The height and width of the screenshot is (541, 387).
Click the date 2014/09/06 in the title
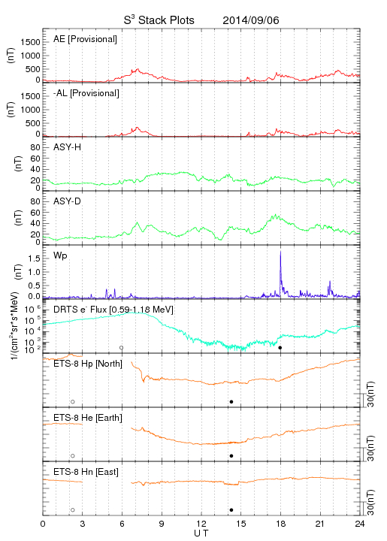tap(251, 20)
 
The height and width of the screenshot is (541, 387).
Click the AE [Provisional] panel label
tap(85, 39)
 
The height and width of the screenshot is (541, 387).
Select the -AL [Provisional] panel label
tap(86, 93)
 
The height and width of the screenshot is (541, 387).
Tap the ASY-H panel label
tap(68, 147)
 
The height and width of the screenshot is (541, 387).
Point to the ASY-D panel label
tap(68, 201)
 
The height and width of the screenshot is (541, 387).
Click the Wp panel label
tap(60, 256)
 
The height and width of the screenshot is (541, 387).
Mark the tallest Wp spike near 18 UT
tap(280, 251)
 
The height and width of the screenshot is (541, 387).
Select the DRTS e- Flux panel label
tap(113, 310)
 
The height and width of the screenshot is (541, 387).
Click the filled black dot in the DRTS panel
tap(280, 348)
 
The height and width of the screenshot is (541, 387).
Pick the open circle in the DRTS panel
tap(122, 348)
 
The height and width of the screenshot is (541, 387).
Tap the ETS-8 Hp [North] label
tap(88, 364)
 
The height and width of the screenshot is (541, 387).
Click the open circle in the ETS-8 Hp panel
tap(73, 402)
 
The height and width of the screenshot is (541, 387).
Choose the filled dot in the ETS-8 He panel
tap(231, 456)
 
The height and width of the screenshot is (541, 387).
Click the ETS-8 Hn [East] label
tap(86, 472)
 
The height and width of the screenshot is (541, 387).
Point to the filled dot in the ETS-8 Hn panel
tap(231, 510)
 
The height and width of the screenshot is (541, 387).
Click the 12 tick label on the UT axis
tap(201, 524)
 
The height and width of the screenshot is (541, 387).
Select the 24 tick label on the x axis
tap(360, 524)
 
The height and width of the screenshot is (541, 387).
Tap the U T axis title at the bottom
tap(201, 533)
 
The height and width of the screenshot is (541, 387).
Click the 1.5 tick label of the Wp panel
tap(34, 258)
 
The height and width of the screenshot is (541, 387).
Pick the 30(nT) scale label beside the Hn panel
tap(370, 503)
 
